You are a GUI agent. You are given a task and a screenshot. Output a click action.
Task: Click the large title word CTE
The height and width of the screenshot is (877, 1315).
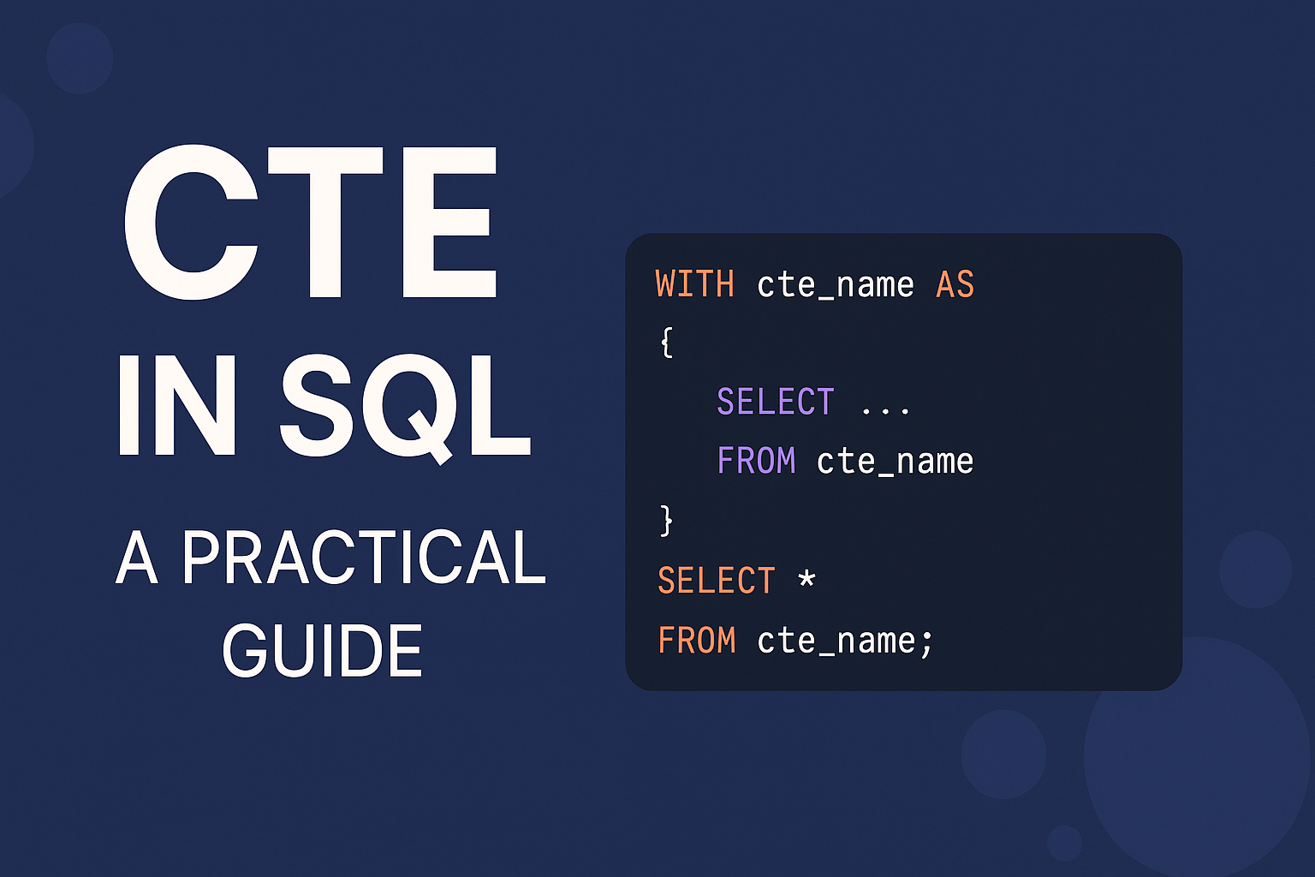click(x=310, y=223)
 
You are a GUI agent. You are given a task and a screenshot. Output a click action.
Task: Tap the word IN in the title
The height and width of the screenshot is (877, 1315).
click(x=177, y=406)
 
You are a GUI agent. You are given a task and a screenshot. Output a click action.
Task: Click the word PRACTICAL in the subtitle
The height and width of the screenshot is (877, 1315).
click(x=364, y=558)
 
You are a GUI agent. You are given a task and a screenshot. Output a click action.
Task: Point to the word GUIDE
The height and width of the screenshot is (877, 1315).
click(x=322, y=651)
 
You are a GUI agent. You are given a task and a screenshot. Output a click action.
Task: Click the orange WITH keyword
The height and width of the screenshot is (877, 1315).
click(x=694, y=284)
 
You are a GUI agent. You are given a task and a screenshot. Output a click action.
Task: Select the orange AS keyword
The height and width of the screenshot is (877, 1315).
click(x=955, y=284)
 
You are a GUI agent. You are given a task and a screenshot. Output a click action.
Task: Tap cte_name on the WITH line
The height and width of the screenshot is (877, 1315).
click(x=835, y=284)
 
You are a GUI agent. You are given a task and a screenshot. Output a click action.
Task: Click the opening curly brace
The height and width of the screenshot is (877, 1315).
click(x=667, y=343)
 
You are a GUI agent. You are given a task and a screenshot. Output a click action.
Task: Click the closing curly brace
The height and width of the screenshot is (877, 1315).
click(x=667, y=520)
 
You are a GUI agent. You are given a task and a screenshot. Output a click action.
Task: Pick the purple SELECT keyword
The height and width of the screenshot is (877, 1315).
click(x=775, y=402)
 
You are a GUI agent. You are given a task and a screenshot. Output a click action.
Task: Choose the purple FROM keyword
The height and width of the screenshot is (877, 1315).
click(x=756, y=461)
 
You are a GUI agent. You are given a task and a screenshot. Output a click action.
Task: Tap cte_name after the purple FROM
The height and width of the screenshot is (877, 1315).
click(x=895, y=461)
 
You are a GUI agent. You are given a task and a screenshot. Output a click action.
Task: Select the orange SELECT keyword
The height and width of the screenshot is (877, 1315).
click(x=716, y=581)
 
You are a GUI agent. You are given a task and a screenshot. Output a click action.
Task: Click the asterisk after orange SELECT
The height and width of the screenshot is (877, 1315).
click(x=806, y=579)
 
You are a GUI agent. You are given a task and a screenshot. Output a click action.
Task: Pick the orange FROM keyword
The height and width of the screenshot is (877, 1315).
click(x=696, y=641)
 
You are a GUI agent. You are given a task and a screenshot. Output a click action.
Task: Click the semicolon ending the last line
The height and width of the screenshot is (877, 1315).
click(x=926, y=642)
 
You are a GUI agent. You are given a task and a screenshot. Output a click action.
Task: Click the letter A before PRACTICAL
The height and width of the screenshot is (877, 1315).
click(x=137, y=558)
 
